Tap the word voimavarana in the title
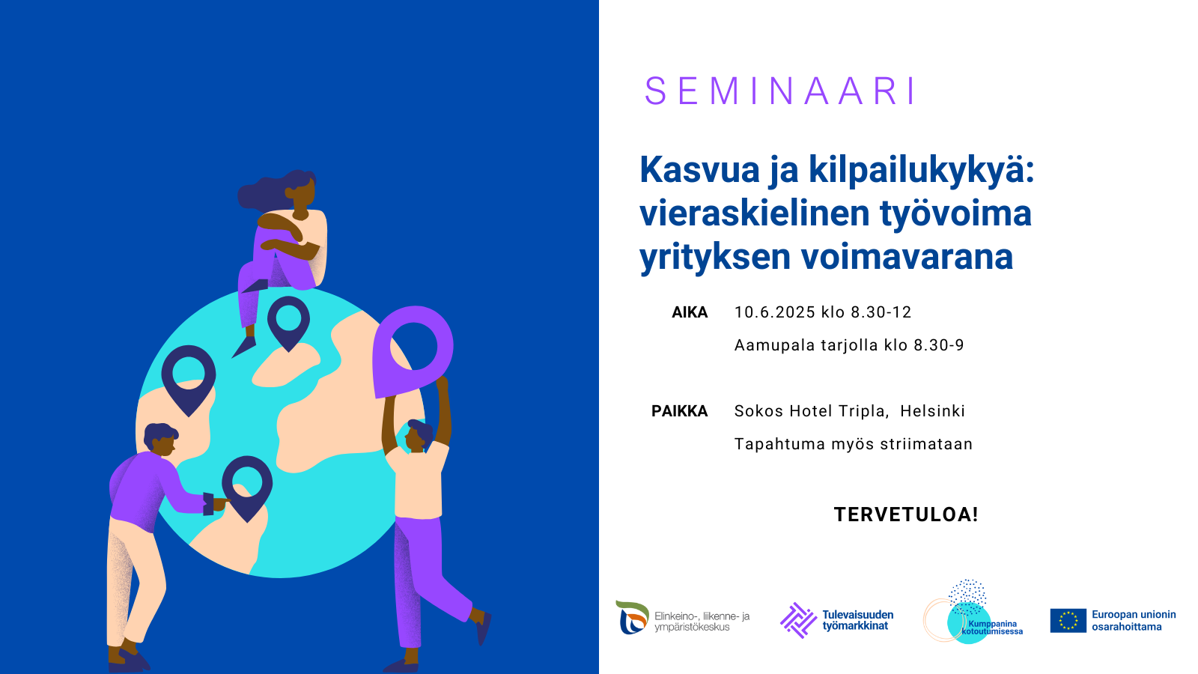907,258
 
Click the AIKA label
690,312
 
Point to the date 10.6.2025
775,312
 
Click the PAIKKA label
679,411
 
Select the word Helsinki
932,411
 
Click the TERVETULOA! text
906,514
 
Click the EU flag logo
1068,621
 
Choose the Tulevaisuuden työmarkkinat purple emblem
798,621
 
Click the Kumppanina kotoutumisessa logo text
992,628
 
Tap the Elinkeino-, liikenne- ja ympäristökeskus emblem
632,617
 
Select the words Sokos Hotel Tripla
812,411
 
